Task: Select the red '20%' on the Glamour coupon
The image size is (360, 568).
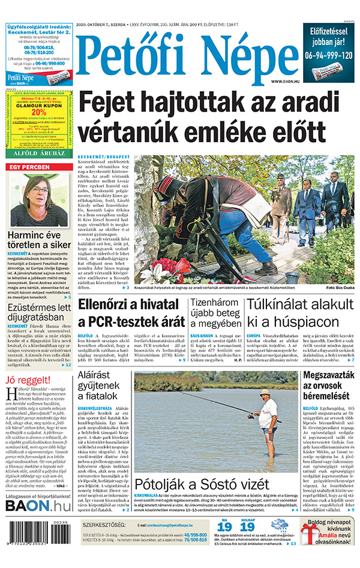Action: click(39, 111)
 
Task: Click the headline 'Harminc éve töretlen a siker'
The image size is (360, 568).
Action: click(39, 238)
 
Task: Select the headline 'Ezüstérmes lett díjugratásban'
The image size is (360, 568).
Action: click(39, 314)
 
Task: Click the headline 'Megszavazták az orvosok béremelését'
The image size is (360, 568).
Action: click(329, 386)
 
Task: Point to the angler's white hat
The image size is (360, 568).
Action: click(265, 392)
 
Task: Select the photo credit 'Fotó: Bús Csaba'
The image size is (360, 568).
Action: click(340, 288)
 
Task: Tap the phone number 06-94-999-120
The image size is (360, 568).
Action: click(329, 54)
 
